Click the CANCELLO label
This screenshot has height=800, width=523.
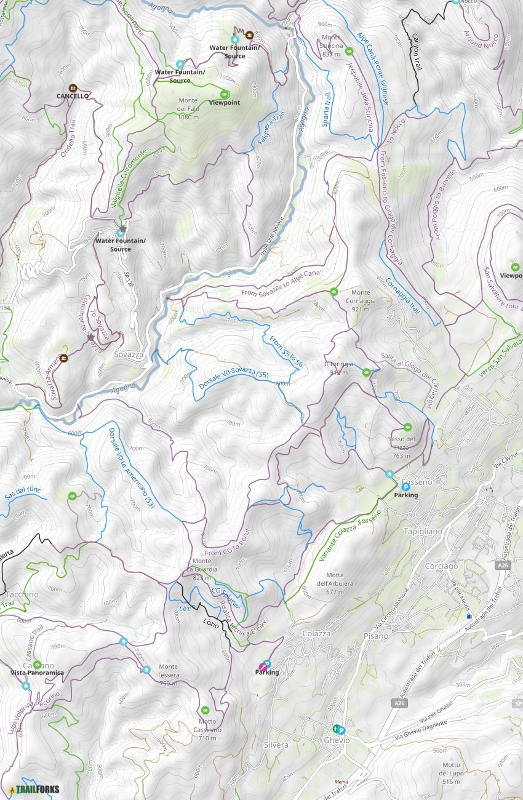73,96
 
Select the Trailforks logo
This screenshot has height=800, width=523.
34,789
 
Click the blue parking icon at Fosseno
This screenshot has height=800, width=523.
405,486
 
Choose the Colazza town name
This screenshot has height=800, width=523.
316,633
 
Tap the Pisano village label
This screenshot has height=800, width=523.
376,636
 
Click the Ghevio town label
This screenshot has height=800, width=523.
337,740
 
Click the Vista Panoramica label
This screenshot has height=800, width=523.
37,673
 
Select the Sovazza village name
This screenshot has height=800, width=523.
129,355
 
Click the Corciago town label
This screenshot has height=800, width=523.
441,566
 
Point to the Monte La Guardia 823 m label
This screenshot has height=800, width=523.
205,569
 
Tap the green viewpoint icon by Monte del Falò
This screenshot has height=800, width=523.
225,94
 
